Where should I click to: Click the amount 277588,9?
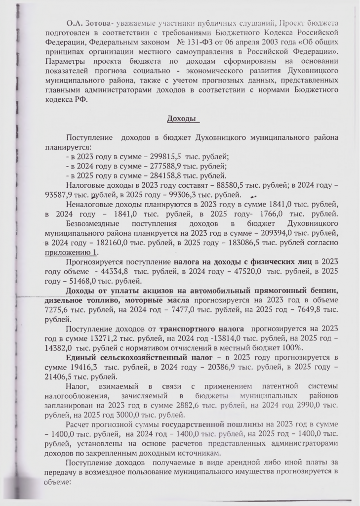point(146,166)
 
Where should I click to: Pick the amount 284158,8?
point(146,175)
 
